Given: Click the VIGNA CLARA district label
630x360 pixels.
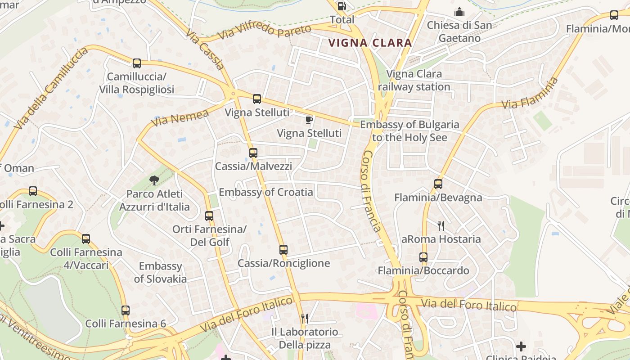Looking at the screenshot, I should pos(370,43).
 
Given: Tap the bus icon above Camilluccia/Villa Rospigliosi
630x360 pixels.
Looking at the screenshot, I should pos(137,63).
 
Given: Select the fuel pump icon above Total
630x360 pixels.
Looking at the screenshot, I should pos(342,6).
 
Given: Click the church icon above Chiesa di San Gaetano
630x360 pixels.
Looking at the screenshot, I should pos(459,12).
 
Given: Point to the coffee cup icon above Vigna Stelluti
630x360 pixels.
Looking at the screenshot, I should pos(309,120).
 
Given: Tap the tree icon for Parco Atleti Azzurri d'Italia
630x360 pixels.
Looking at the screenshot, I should pos(154,180).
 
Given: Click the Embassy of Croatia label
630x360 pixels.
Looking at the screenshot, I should pos(265,192).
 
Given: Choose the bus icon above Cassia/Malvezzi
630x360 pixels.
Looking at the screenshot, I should pos(253,153).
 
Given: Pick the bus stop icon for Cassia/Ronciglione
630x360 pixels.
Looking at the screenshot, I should pos(283,250).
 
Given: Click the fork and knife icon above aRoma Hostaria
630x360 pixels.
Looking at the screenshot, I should pos(441,225).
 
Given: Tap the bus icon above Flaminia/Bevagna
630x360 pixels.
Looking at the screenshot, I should pos(438,184).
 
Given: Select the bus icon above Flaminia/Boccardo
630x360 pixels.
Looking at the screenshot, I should pos(423,257).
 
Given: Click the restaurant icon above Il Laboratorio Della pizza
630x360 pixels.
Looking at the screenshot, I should pos(305,319).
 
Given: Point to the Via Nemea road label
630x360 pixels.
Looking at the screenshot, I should pos(180,118).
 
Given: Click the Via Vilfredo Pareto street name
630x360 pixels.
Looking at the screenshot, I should pos(265,32).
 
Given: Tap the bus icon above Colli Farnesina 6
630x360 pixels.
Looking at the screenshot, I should pos(126,310).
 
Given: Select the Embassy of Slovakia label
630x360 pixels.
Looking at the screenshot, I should pos(160,272).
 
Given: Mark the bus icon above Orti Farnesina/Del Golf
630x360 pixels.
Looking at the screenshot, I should pos(209,216).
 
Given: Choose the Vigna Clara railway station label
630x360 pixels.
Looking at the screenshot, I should pos(414,80).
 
